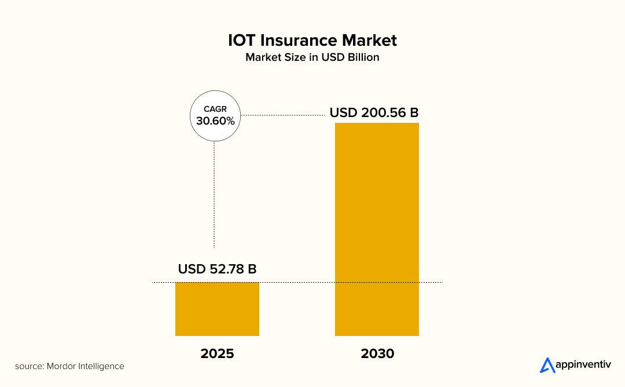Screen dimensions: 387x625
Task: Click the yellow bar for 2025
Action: point(217,309)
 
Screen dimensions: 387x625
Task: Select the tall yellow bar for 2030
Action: point(377,229)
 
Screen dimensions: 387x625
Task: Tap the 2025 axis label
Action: point(217,353)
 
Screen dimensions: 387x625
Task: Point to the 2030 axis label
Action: point(377,353)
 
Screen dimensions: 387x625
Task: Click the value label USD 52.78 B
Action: point(217,269)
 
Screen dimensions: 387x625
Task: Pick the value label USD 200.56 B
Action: point(374,112)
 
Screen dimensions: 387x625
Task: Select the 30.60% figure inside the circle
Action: point(215,121)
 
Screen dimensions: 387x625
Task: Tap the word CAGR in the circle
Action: point(215,109)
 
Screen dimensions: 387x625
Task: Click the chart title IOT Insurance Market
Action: point(312,40)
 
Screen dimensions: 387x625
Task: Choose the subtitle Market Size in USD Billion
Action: point(312,57)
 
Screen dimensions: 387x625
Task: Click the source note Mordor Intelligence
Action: point(69,366)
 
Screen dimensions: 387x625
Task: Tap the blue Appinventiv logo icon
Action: point(547,365)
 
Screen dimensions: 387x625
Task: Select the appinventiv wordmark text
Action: point(583,366)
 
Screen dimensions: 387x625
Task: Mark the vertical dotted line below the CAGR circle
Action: point(215,194)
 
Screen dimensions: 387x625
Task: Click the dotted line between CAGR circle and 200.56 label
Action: point(282,115)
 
